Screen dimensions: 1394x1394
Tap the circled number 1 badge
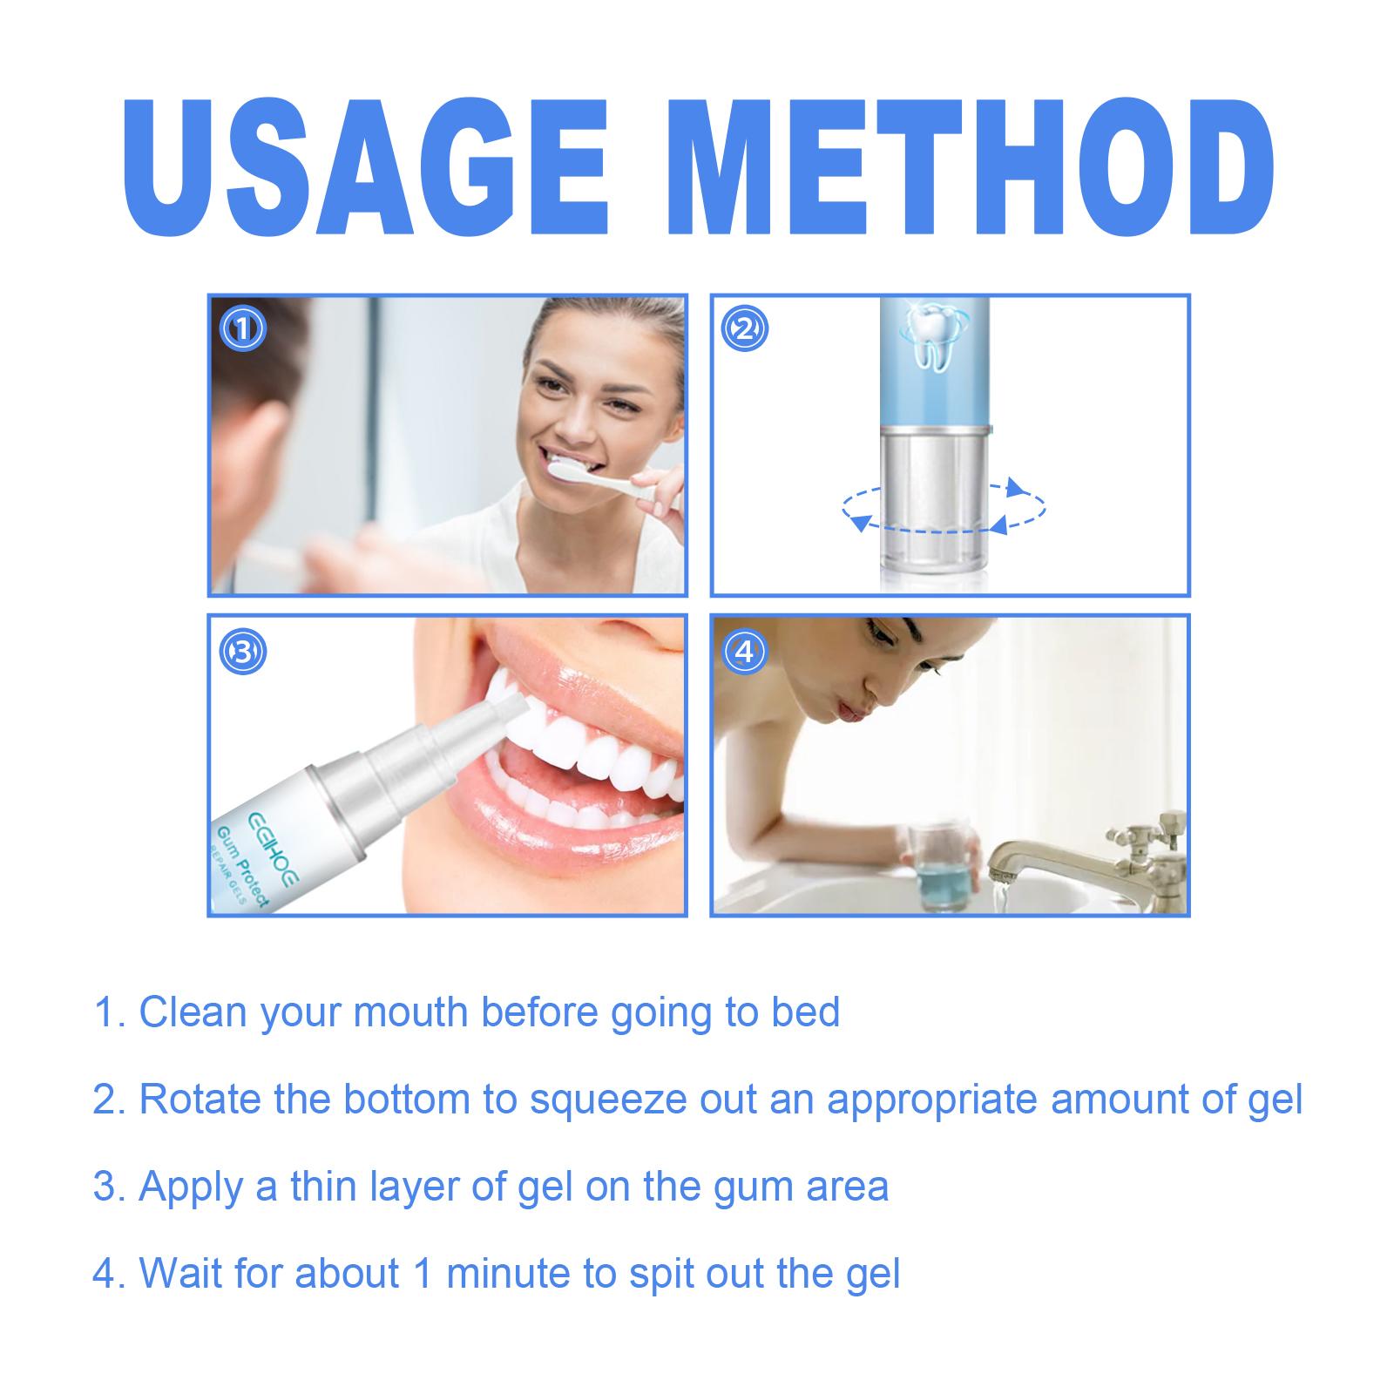point(243,329)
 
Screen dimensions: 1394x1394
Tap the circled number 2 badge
point(745,328)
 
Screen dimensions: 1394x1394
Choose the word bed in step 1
point(806,1012)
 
